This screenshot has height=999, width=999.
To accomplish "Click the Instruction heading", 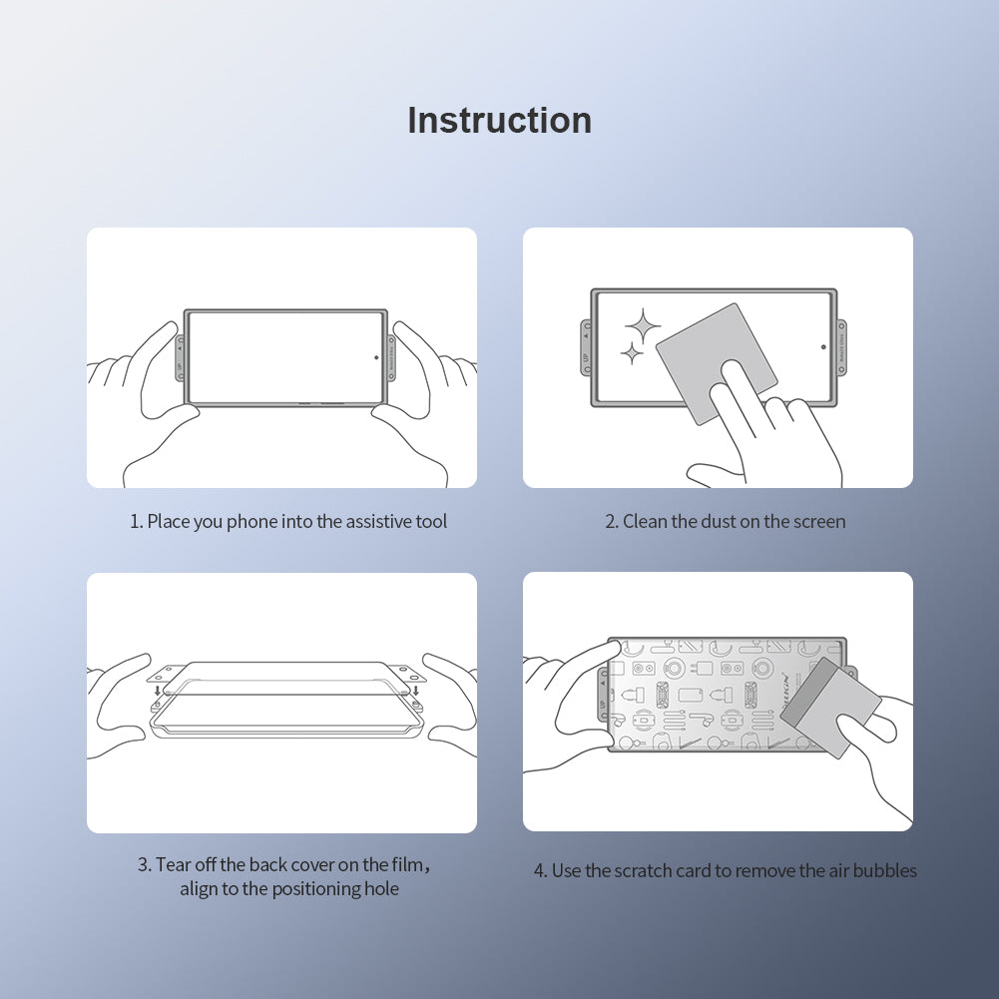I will pyautogui.click(x=499, y=121).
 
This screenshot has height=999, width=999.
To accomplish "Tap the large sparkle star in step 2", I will pyautogui.click(x=643, y=325).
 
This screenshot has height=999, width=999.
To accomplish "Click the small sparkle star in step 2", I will pyautogui.click(x=631, y=352).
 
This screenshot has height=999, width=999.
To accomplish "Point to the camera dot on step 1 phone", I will pyautogui.click(x=376, y=356).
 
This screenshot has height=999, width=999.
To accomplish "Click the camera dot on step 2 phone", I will pyautogui.click(x=823, y=347).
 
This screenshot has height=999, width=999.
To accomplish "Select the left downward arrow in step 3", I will pyautogui.click(x=158, y=690).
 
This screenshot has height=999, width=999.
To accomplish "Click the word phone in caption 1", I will pyautogui.click(x=252, y=522).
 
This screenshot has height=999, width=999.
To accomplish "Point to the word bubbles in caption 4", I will pyautogui.click(x=887, y=871).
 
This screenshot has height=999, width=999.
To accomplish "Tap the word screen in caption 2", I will pyautogui.click(x=819, y=522).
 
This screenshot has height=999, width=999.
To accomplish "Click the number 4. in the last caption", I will pyautogui.click(x=540, y=871).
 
